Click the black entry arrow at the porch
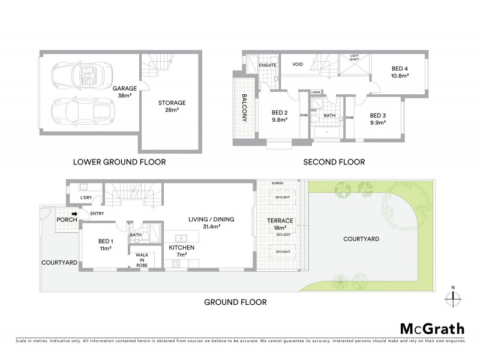(x=75, y=213)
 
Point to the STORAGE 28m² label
(x=172, y=106)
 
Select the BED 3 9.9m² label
(x=377, y=119)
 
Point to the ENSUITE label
(x=268, y=65)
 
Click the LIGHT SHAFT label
(x=354, y=58)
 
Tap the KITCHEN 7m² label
(x=178, y=250)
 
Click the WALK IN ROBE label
(x=142, y=259)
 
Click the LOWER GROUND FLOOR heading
(x=119, y=162)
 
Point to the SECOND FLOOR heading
(x=334, y=162)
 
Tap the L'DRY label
(x=86, y=197)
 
